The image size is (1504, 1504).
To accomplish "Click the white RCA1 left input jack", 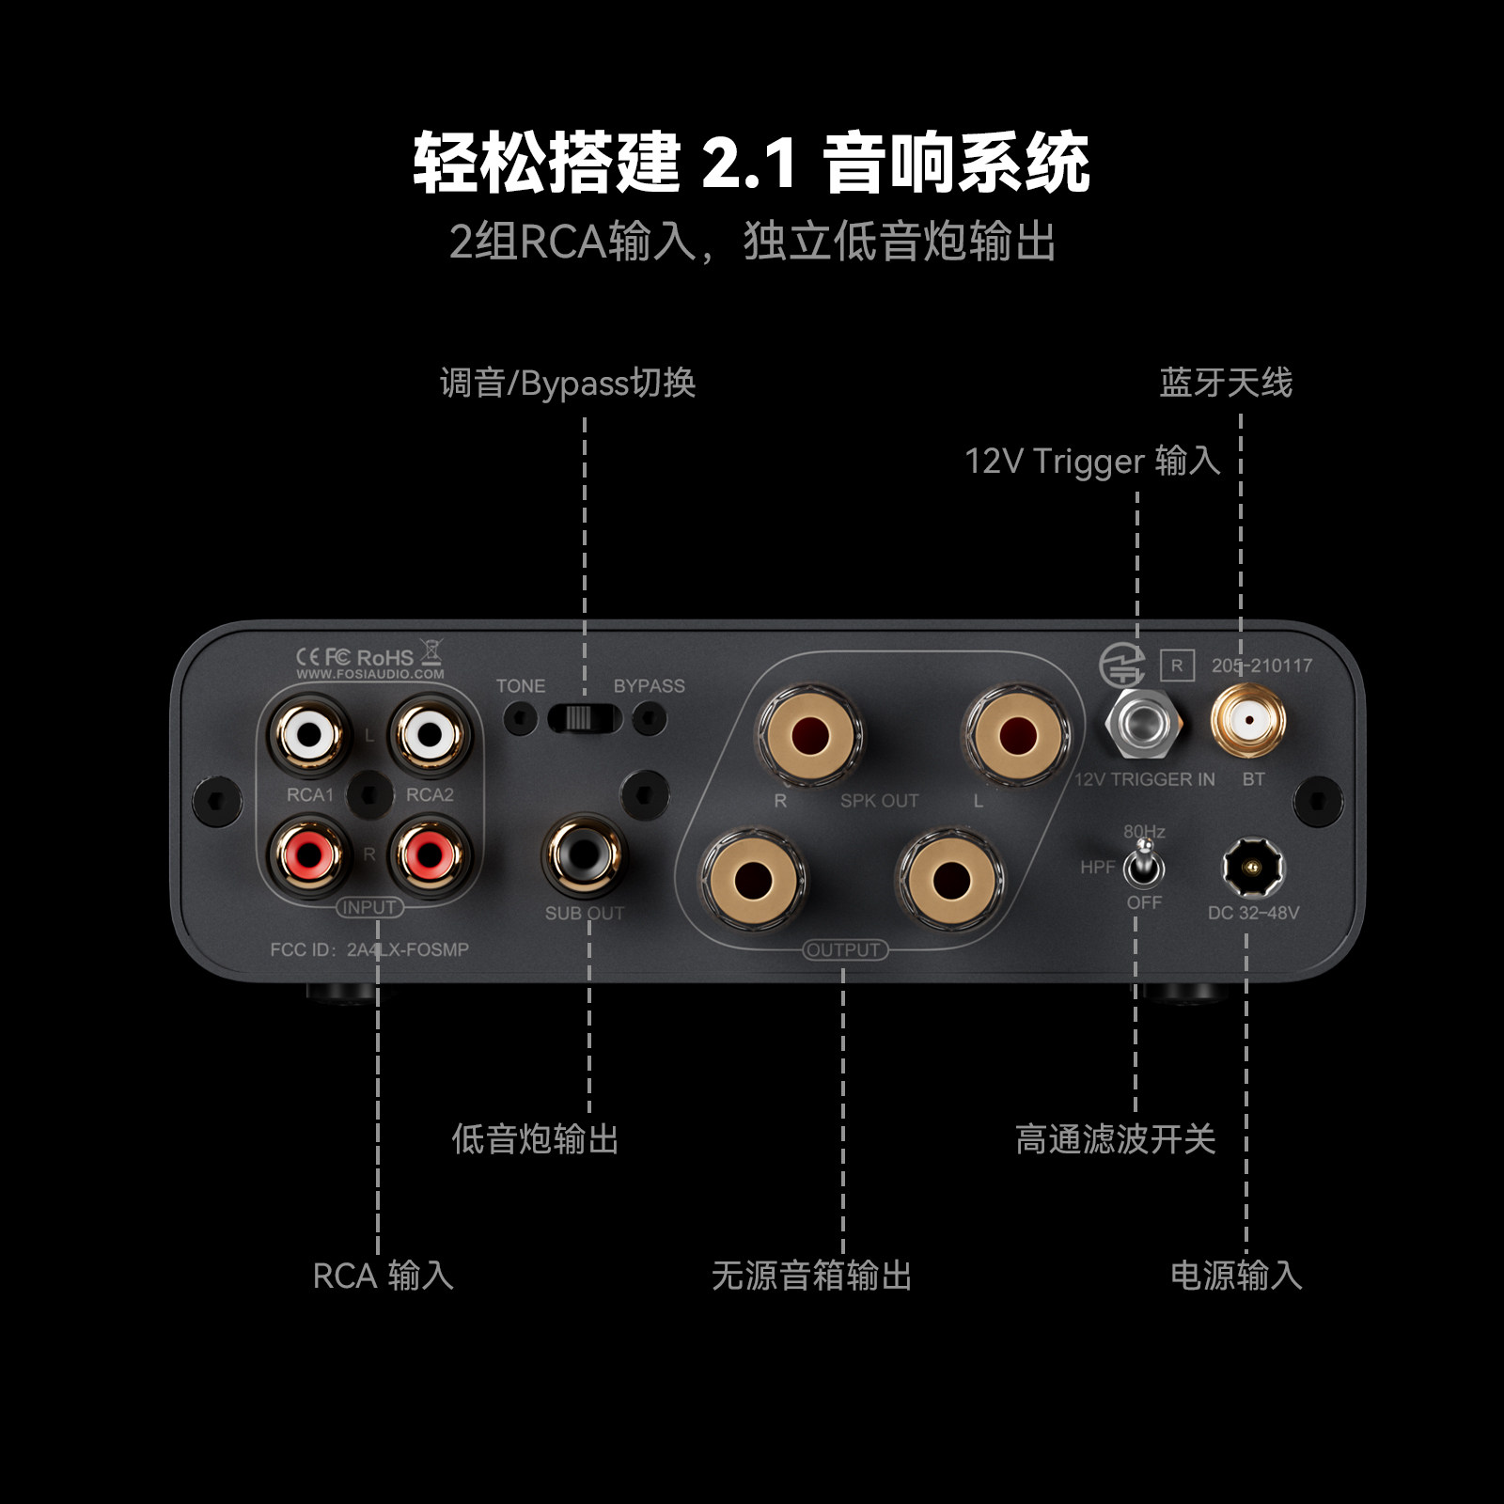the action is tap(309, 732).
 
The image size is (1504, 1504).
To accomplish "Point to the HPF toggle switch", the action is tap(1143, 864).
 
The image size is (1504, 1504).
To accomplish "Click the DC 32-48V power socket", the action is tap(1252, 868).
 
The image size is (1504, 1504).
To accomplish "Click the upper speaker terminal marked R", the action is tap(809, 733).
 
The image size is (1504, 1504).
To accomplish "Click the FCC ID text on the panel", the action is tap(369, 949).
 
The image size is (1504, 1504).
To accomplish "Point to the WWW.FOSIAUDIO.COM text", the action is tap(370, 674).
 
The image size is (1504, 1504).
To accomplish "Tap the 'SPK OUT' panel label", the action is tap(879, 801).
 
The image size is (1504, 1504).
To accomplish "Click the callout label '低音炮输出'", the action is tap(535, 1139).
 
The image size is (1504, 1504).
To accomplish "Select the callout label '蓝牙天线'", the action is tap(1226, 383).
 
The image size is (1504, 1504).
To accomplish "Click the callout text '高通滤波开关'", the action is tap(1116, 1139).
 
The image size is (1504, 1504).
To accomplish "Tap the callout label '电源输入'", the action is tap(1236, 1276).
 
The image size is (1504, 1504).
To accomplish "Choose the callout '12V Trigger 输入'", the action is tap(1092, 462).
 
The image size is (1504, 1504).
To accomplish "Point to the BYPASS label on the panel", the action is tap(649, 686).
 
